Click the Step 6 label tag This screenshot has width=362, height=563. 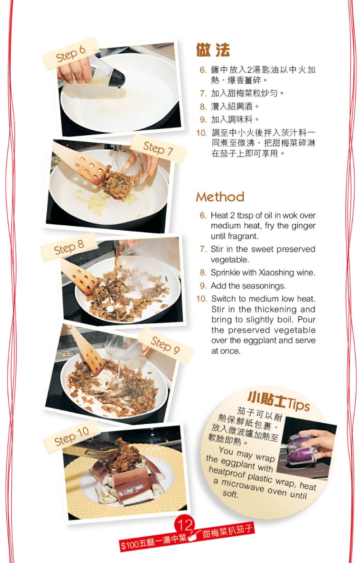[71, 54]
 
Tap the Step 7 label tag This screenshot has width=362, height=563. [158, 148]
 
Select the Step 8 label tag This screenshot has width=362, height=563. [69, 247]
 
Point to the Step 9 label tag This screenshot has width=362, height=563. [165, 345]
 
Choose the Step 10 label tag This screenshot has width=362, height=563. [71, 435]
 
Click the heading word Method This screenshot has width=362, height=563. [220, 197]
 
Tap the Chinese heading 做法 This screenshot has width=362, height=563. [213, 50]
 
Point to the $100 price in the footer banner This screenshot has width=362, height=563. [129, 544]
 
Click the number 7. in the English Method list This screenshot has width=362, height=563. [203, 249]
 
